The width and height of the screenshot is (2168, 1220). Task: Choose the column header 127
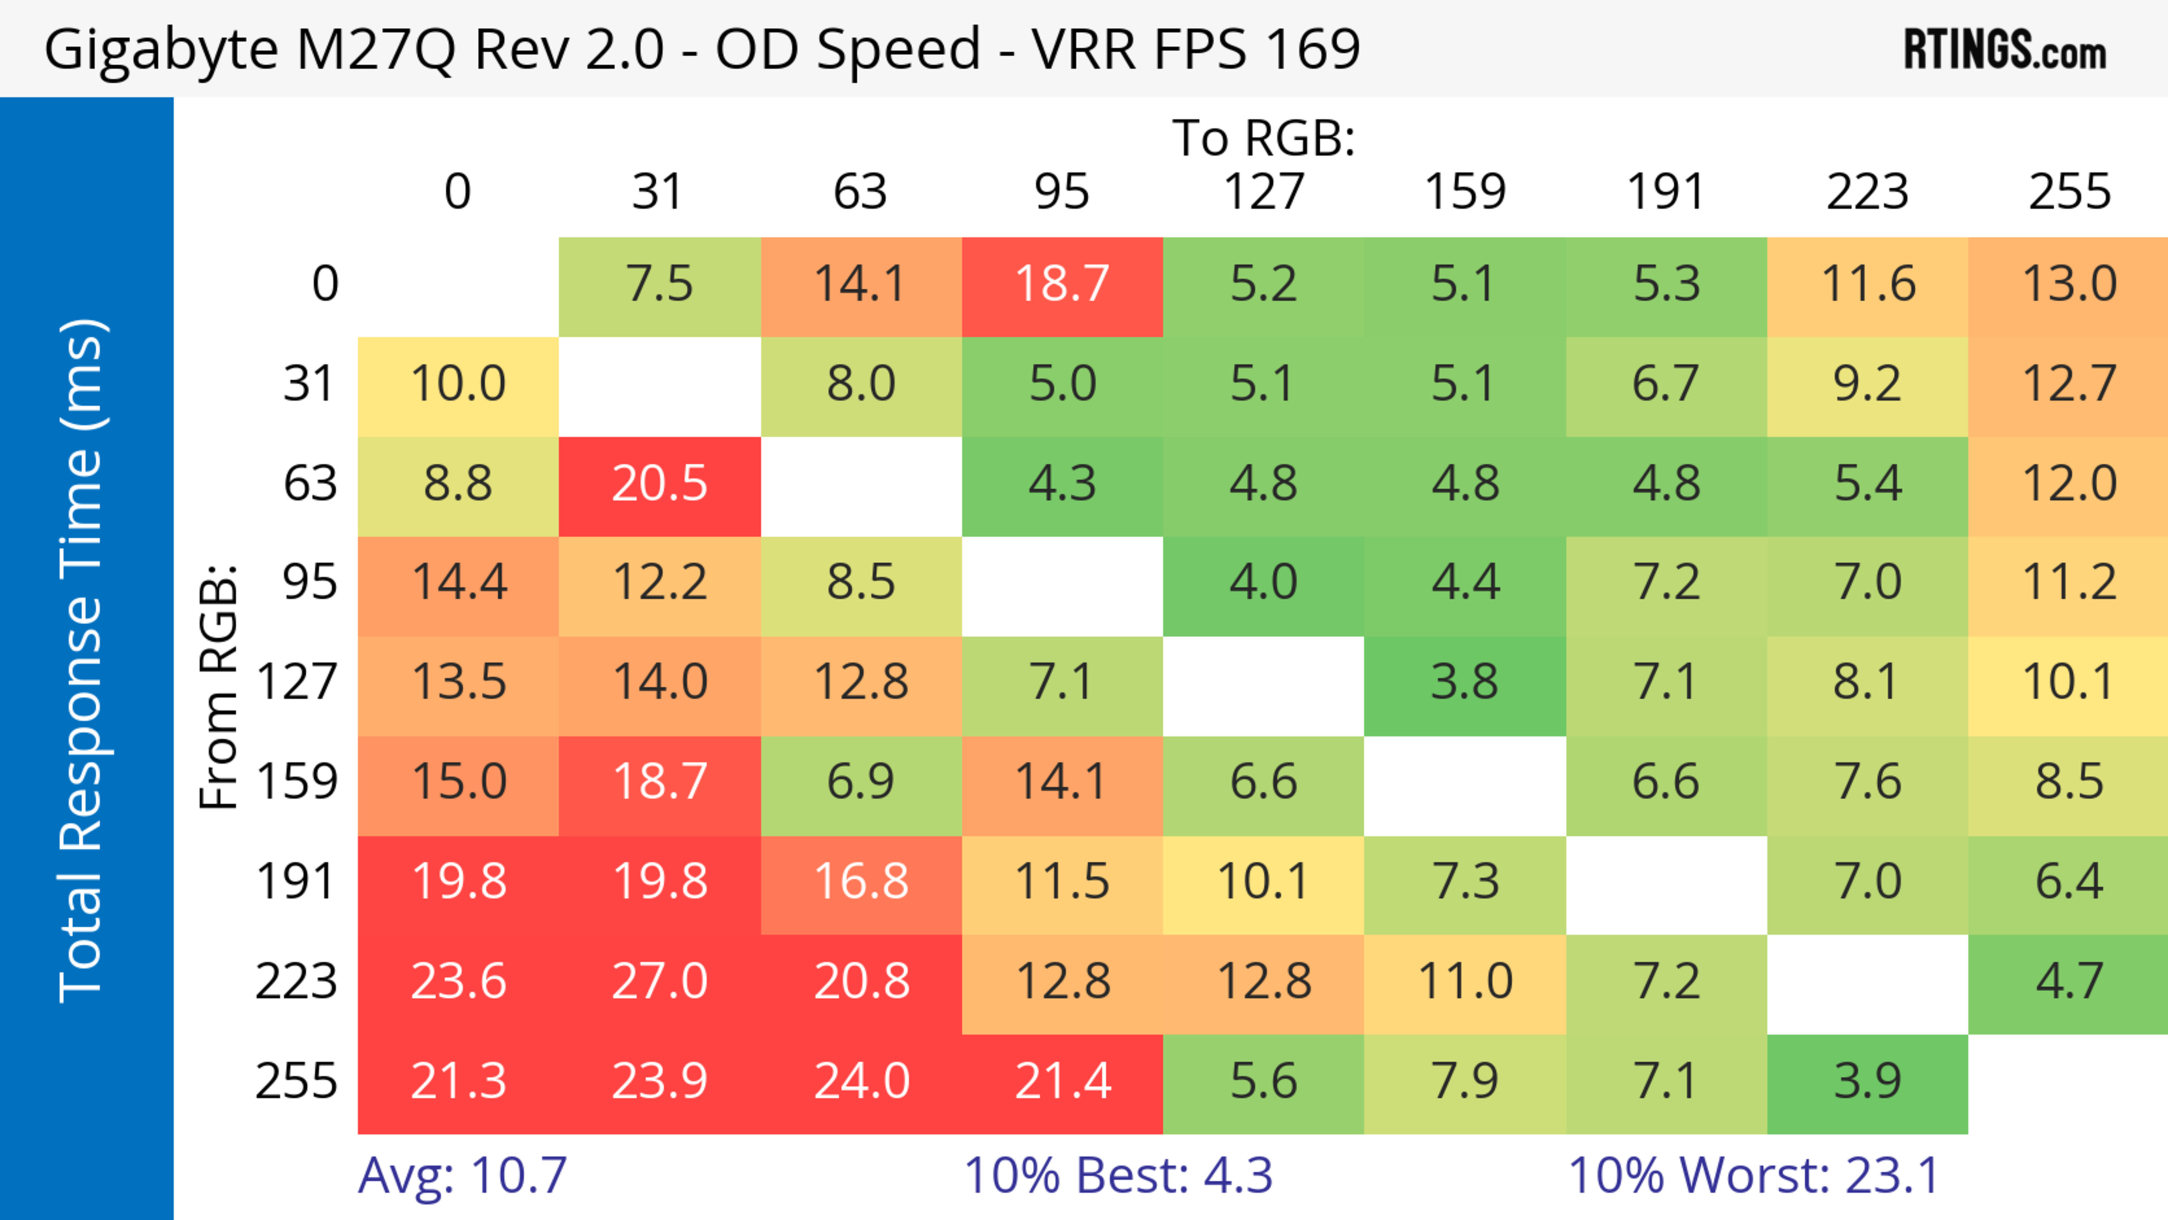(1264, 192)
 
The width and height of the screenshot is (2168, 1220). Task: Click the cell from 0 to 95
(1062, 285)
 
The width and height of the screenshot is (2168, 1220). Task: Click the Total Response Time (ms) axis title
(82, 661)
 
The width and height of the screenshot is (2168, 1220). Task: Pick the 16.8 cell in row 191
(861, 882)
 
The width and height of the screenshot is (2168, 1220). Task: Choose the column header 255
(2069, 192)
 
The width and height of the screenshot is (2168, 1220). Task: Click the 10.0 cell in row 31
(458, 384)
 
